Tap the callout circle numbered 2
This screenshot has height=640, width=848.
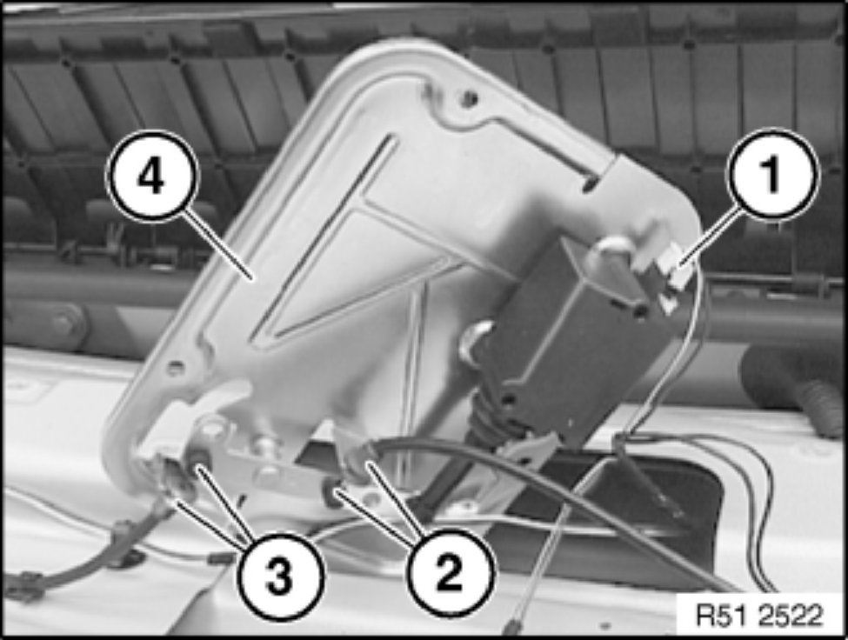[450, 573]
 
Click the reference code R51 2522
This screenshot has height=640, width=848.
[759, 615]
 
